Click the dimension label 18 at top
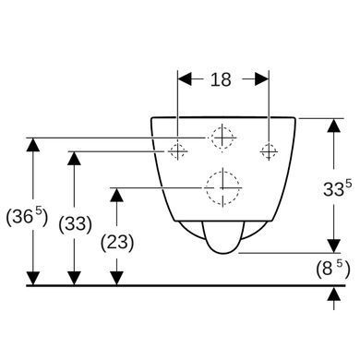tap(221, 79)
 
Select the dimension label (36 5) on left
tap(27, 217)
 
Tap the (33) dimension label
tap(75, 223)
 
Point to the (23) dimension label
tap(117, 243)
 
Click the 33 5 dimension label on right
tap(337, 188)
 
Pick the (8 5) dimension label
tap(333, 269)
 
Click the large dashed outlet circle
tap(223, 187)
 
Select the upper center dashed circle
tap(222, 138)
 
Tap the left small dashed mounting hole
tap(177, 151)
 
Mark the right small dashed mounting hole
tap(269, 151)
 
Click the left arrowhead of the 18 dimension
tap(185, 79)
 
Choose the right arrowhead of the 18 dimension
tap(262, 79)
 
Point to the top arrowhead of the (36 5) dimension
tap(33, 145)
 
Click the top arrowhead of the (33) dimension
tap(74, 158)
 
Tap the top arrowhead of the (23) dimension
tap(116, 195)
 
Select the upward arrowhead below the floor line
tap(334, 294)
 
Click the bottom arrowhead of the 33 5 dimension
tap(334, 246)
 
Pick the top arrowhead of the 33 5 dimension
tap(334, 126)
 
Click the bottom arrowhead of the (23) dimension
tap(116, 278)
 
